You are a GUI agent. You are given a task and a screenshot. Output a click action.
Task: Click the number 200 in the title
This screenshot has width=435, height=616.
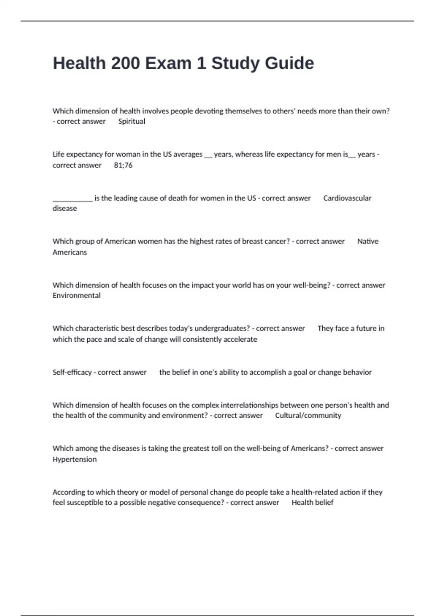(125, 63)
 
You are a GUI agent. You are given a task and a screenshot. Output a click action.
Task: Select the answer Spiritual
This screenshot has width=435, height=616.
(132, 121)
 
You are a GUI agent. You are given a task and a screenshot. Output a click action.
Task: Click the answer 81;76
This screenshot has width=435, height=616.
(123, 165)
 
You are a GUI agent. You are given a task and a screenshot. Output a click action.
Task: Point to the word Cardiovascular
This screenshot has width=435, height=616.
(347, 198)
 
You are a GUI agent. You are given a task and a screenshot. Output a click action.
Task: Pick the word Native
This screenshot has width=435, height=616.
(368, 241)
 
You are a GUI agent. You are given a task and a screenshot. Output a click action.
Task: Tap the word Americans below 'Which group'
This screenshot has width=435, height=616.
(70, 252)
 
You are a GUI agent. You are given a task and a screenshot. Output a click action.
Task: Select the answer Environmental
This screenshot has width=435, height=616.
(76, 296)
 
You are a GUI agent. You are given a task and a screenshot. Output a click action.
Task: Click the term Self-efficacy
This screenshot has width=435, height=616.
(72, 372)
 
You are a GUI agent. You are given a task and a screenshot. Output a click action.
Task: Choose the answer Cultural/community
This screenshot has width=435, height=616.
(308, 416)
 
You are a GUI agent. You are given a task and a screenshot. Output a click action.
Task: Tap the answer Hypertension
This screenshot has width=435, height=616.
(75, 459)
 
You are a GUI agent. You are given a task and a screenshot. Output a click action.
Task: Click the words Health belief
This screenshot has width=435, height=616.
(312, 503)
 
